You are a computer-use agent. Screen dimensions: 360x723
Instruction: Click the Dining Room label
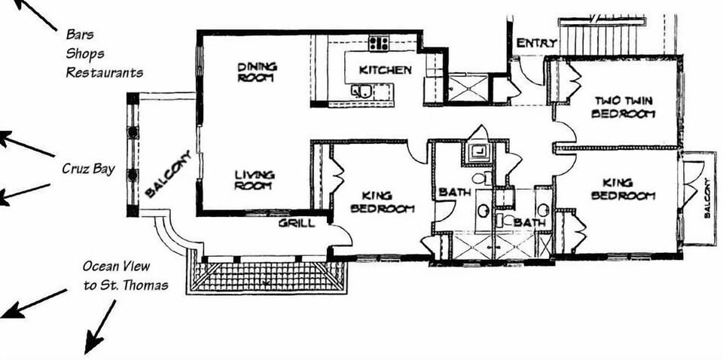pos(258,72)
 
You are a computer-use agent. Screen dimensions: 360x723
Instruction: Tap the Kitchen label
pos(385,70)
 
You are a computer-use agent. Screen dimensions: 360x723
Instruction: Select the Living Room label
pos(254,180)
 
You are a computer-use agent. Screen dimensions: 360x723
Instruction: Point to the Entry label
pos(537,43)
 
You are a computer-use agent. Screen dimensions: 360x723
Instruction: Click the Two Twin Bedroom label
pos(624,107)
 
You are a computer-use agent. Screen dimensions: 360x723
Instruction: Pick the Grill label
pos(297,223)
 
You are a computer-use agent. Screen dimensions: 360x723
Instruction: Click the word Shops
pos(84,53)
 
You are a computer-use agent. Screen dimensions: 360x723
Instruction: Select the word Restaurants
pos(104,72)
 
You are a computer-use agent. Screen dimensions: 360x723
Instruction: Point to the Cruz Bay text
pos(88,169)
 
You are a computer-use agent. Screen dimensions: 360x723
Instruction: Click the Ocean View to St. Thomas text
pos(125,276)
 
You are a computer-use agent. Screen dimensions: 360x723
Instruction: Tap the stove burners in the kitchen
pos(379,43)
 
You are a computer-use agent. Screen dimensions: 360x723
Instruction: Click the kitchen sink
pos(363,91)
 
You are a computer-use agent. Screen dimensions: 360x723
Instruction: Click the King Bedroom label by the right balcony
pos(623,189)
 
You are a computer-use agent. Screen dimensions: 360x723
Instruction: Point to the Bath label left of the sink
pos(454,192)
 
